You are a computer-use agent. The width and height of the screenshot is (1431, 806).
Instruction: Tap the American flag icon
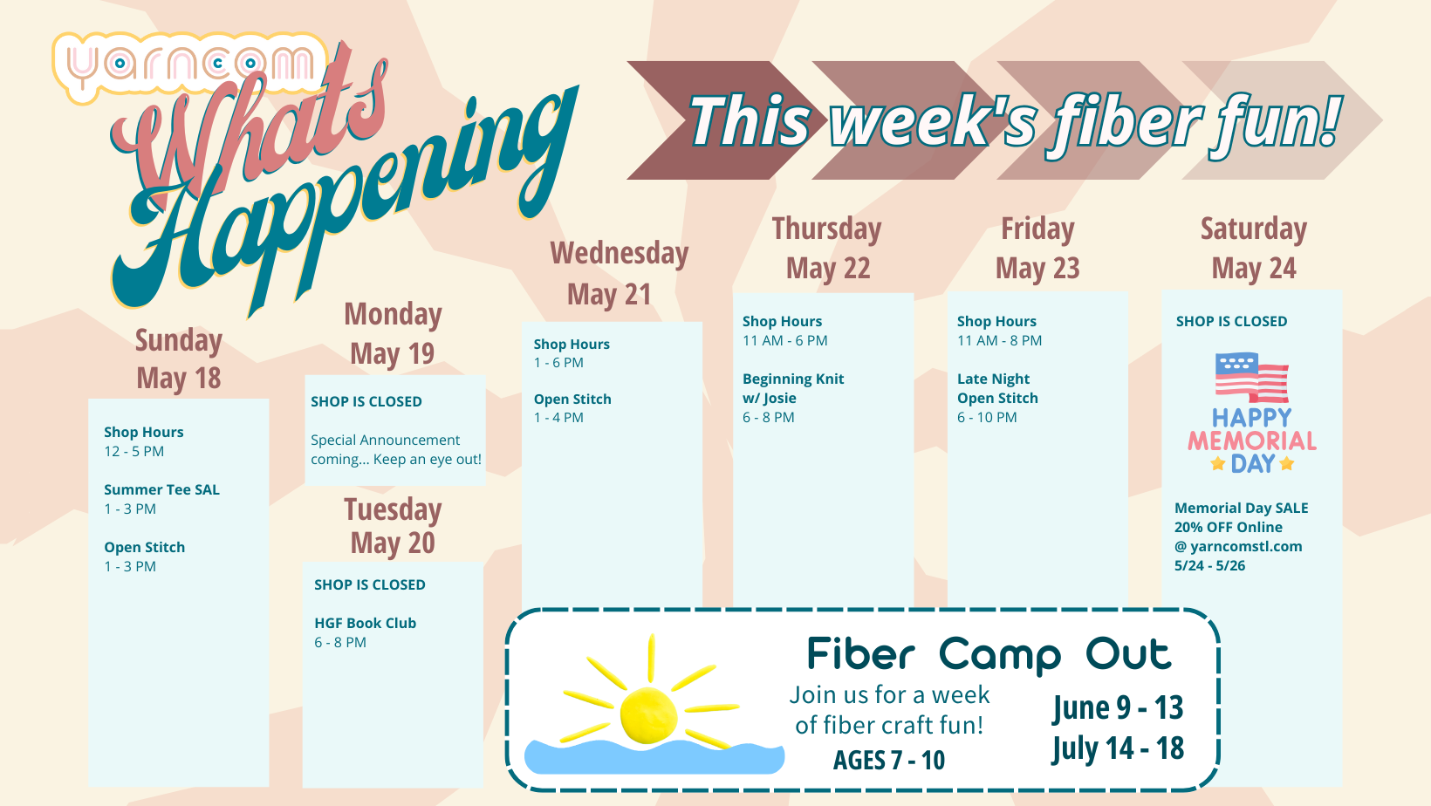1251,378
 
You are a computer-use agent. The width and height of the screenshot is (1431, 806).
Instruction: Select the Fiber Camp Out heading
989,655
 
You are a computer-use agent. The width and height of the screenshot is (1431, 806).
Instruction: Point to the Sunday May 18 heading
179,359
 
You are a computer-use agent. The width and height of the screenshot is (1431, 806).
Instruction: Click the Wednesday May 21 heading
619,273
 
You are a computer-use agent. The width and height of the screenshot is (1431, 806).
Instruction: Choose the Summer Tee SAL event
161,499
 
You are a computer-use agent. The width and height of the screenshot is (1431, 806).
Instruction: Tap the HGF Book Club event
365,632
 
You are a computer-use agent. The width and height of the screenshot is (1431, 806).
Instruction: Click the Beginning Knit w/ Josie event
793,397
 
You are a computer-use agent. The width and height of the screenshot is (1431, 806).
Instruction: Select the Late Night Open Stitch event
997,397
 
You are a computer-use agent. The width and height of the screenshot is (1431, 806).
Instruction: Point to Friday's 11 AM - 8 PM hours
999,340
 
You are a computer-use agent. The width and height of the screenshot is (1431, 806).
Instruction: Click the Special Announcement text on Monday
395,449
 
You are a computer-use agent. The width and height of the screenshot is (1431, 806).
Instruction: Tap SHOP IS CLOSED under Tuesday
369,584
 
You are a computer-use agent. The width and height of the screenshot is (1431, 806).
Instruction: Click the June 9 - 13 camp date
1118,707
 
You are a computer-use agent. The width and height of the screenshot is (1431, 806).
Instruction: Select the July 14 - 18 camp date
1118,748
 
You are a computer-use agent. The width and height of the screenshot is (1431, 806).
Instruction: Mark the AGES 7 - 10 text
888,760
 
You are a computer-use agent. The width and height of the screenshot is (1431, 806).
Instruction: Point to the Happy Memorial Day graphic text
1251,441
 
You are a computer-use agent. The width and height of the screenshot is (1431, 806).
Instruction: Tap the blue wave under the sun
654,757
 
